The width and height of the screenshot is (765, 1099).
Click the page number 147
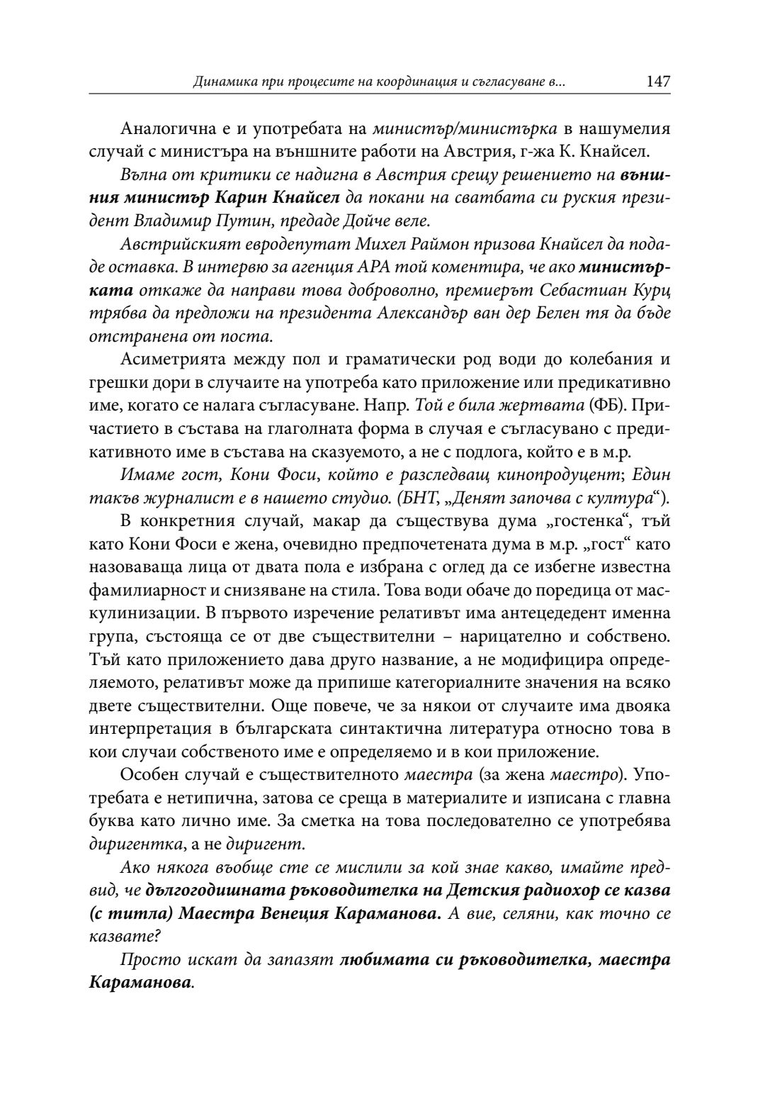click(x=658, y=82)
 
